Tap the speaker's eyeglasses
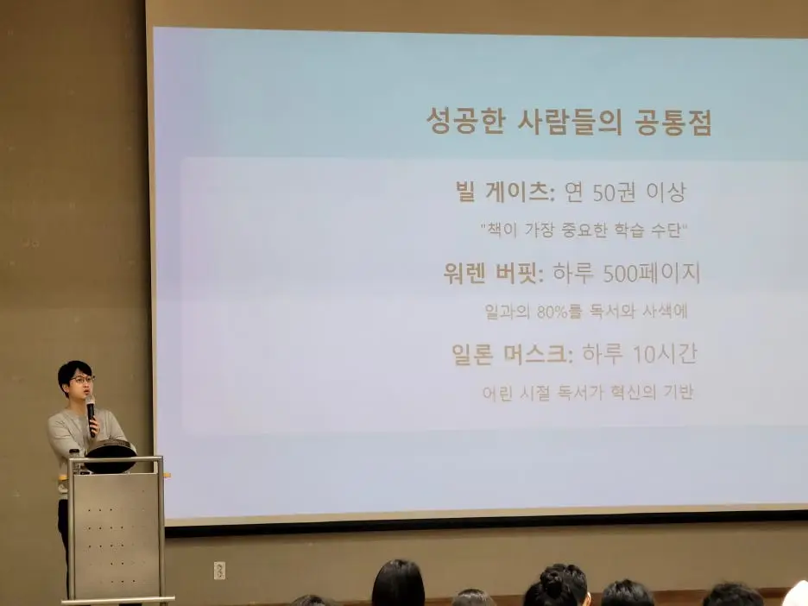click(x=81, y=380)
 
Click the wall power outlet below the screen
click(x=219, y=571)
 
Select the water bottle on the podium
click(x=75, y=460)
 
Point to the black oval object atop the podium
click(x=110, y=451)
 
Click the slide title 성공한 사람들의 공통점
click(x=569, y=122)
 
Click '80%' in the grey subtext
click(x=552, y=312)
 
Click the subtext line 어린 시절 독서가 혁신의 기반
click(x=588, y=393)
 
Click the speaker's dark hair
click(x=73, y=369)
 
